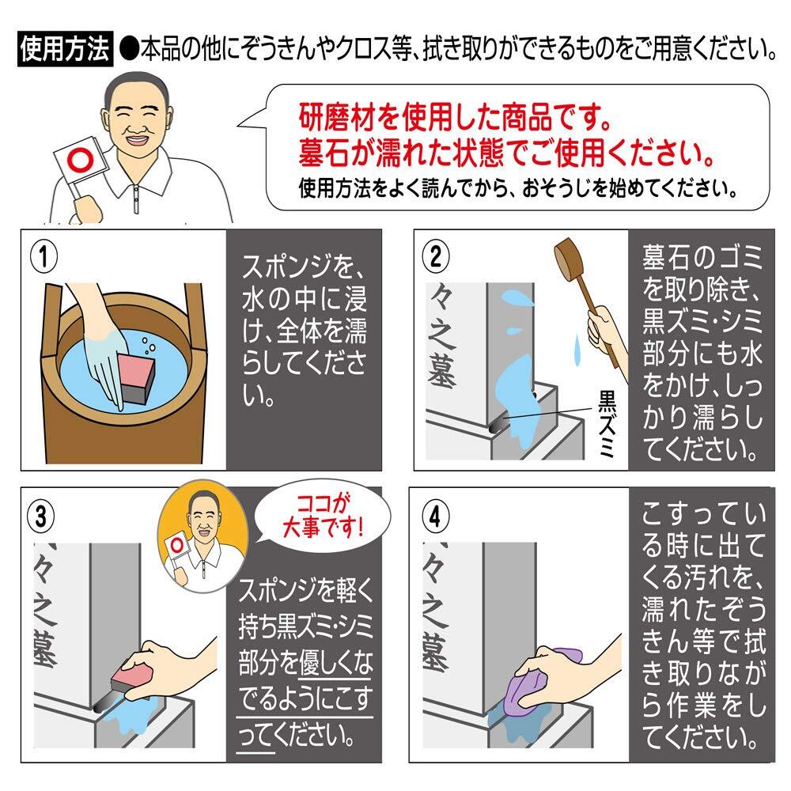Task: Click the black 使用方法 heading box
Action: [65, 49]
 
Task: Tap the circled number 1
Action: [44, 257]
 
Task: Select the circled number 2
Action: [436, 257]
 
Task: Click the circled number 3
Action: [41, 516]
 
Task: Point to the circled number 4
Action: [435, 517]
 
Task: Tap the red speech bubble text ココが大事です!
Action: [323, 516]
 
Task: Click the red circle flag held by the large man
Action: [81, 161]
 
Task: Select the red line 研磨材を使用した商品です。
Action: [455, 118]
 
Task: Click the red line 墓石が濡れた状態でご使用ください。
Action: [506, 153]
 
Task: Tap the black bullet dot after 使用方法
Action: [130, 49]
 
